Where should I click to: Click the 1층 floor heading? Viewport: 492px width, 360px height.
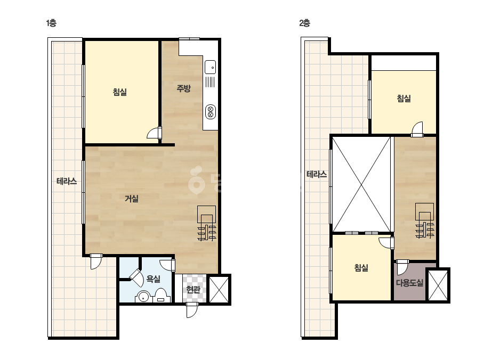click(x=51, y=23)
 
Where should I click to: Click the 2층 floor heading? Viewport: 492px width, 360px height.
click(x=304, y=23)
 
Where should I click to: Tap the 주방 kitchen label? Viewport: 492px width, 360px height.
click(x=183, y=88)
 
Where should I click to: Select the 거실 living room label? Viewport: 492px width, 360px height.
click(x=132, y=198)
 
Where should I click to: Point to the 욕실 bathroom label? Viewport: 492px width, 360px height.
click(x=154, y=279)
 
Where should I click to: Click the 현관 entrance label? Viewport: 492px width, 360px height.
click(x=193, y=289)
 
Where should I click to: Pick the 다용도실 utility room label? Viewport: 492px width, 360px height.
click(x=409, y=283)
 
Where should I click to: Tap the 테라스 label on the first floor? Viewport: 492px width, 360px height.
click(x=67, y=181)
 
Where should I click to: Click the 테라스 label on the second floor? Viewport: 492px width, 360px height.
click(x=317, y=174)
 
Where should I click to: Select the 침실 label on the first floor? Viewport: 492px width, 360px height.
click(x=120, y=92)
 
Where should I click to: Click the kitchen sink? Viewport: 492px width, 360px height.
click(x=210, y=67)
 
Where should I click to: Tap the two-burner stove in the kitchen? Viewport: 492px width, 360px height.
click(x=211, y=112)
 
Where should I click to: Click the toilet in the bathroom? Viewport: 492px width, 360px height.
click(x=161, y=296)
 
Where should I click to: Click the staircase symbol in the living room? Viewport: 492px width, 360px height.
click(x=206, y=223)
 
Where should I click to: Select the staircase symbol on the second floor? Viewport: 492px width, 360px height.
click(x=424, y=220)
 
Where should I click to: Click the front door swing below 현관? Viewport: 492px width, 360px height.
click(x=192, y=310)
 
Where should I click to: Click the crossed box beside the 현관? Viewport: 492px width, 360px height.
click(x=219, y=290)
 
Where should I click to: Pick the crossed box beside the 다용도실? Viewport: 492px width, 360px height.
click(x=438, y=285)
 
